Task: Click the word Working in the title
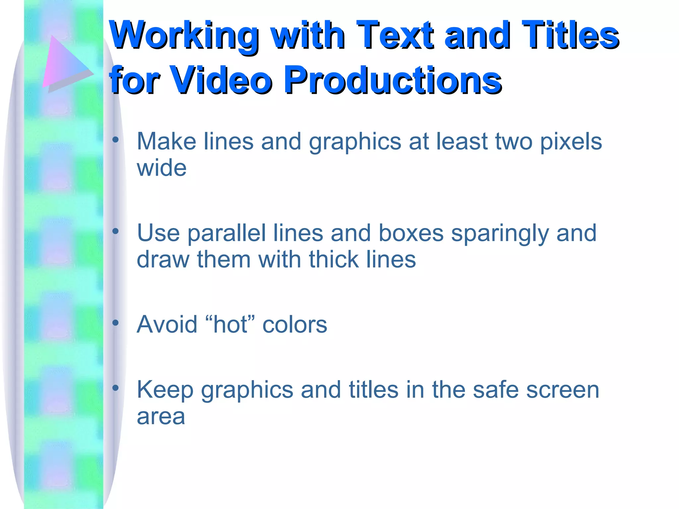point(184,36)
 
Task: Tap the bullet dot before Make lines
point(115,140)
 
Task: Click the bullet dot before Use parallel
point(115,232)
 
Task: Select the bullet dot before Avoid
point(115,323)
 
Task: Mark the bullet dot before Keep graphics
point(115,388)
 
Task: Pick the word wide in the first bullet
point(161,168)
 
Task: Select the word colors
point(295,325)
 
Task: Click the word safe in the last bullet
point(496,390)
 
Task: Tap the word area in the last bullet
point(161,417)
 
